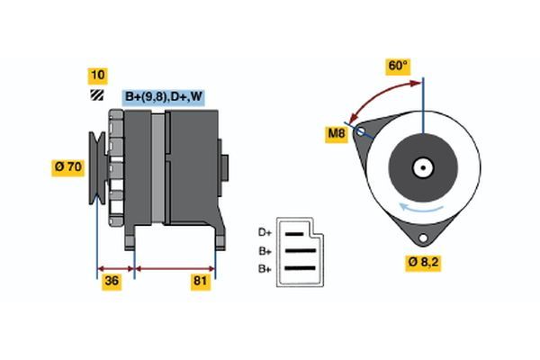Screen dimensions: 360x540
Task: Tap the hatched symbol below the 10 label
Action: click(95, 94)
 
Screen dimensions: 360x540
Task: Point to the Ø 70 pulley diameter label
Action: click(69, 166)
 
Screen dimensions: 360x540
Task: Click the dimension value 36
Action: click(112, 282)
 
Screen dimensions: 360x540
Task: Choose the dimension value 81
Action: click(201, 282)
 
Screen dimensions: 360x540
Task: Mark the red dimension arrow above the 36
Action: click(115, 267)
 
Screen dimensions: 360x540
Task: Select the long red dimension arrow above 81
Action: click(175, 267)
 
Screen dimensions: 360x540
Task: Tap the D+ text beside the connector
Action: click(265, 232)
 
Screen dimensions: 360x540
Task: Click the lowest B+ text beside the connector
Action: click(265, 268)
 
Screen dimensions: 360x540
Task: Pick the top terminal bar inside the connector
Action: click(296, 233)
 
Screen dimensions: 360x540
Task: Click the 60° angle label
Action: click(397, 66)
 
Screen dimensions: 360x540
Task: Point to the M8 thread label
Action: click(337, 135)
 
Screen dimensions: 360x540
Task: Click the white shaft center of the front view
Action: click(422, 167)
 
